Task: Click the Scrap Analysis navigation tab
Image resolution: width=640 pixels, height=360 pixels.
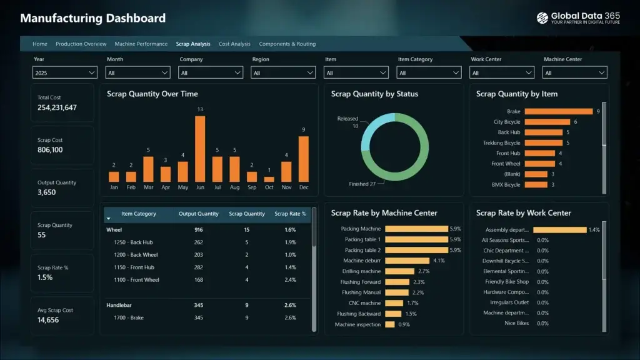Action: (192, 44)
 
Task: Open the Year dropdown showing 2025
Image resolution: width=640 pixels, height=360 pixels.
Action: (64, 73)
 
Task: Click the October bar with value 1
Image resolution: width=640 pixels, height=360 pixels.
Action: (269, 179)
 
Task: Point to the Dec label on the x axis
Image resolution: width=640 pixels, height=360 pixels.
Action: (304, 187)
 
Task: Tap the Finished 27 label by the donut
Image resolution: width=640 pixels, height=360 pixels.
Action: (362, 184)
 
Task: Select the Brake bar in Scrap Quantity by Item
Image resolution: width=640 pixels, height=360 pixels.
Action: (558, 112)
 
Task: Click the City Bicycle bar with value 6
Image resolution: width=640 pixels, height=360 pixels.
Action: (547, 122)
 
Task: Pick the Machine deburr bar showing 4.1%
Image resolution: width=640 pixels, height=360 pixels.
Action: (407, 261)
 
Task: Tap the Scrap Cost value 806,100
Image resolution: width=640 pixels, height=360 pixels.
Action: (50, 150)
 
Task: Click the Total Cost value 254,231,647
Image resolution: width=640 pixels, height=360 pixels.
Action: (57, 107)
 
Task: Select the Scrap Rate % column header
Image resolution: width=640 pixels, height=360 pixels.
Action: (290, 214)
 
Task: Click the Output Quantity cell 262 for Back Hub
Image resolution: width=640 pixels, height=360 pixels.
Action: (199, 242)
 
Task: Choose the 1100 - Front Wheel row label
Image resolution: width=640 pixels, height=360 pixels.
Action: (136, 280)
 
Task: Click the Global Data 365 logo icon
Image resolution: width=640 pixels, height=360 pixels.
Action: (542, 18)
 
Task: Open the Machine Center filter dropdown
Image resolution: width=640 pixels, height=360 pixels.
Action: (575, 73)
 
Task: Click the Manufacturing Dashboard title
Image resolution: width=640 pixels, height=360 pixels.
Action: (92, 18)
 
